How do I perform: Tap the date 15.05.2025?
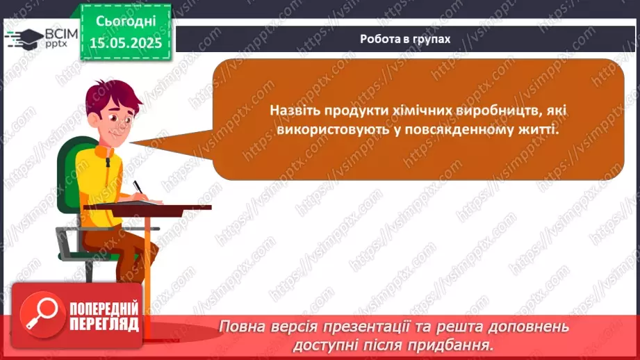click(125, 43)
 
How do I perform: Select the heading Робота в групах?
click(405, 39)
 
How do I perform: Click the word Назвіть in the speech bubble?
click(295, 111)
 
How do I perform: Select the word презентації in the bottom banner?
click(384, 327)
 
